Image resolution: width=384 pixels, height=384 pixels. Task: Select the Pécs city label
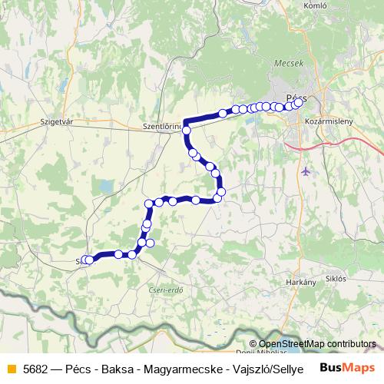296,98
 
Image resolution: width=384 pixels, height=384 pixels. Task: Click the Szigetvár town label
55,122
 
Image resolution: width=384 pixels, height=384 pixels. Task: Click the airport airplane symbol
307,170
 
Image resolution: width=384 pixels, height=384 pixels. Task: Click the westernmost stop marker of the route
87,260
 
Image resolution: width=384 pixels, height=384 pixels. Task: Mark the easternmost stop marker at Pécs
299,101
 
